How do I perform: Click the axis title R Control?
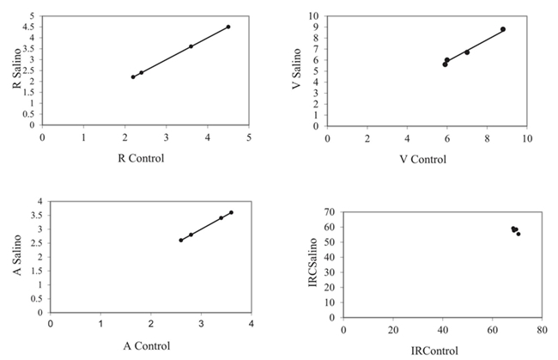tap(145, 157)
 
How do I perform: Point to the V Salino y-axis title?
tap(296, 71)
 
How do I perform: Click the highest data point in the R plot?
tap(228, 27)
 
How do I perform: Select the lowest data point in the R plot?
tap(133, 77)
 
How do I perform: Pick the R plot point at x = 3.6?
tap(191, 46)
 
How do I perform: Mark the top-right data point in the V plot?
tap(503, 29)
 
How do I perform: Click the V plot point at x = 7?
tap(467, 52)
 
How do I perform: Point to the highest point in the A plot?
tap(231, 212)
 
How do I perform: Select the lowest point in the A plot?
tap(181, 241)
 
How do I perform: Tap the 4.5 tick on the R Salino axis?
tap(33, 27)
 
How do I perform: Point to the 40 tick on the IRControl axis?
tap(443, 330)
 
